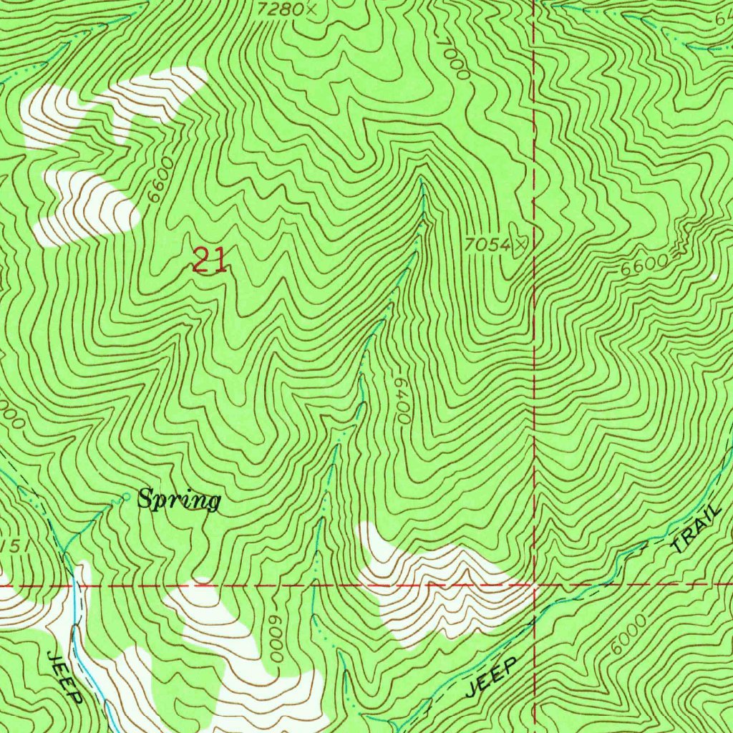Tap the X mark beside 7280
(310, 9)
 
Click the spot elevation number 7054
(487, 245)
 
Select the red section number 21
(210, 261)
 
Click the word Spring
(179, 500)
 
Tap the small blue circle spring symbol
(126, 496)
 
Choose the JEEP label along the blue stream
(65, 677)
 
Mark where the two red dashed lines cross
(535, 586)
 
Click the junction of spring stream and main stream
(64, 553)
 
